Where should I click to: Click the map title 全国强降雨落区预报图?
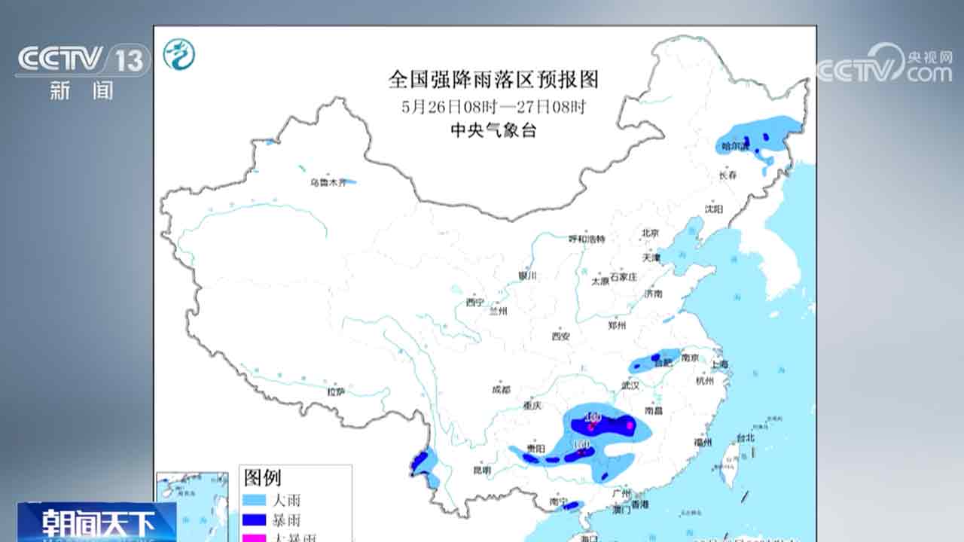[x=493, y=79]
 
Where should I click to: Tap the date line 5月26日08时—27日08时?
[x=493, y=106]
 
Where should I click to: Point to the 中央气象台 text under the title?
[x=493, y=130]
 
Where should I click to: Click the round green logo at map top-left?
[x=179, y=54]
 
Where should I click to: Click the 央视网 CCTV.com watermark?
[x=886, y=65]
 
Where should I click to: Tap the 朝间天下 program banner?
[x=98, y=522]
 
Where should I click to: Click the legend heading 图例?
[x=262, y=477]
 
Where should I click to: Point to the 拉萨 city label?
[x=336, y=391]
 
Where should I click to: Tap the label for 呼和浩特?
[x=587, y=239]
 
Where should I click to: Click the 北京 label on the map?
[x=650, y=233]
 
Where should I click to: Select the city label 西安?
[x=561, y=336]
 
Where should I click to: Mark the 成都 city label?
[x=500, y=390]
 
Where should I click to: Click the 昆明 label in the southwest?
[x=482, y=470]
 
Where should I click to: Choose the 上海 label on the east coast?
[x=719, y=364]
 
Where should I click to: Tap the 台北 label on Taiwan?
[x=746, y=437]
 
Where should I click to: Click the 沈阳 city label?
[x=714, y=209]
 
